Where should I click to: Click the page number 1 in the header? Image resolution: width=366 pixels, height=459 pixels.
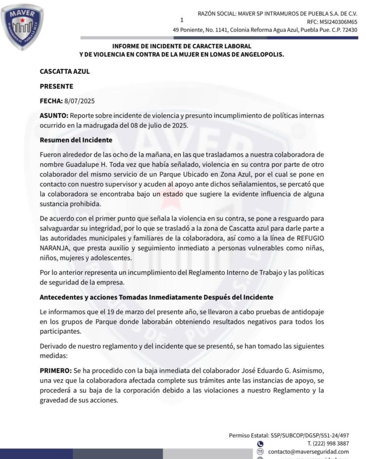182,20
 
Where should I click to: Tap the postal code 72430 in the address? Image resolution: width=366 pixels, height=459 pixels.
349,30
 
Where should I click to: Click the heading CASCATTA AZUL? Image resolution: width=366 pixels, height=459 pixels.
61,71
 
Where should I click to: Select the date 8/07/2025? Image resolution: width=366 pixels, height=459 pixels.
78,101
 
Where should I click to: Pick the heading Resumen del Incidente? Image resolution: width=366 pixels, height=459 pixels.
76,140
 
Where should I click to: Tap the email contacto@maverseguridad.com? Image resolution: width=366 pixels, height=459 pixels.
309,451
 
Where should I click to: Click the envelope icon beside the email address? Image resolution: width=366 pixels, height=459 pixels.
261,451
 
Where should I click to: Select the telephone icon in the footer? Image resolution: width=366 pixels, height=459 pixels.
261,443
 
